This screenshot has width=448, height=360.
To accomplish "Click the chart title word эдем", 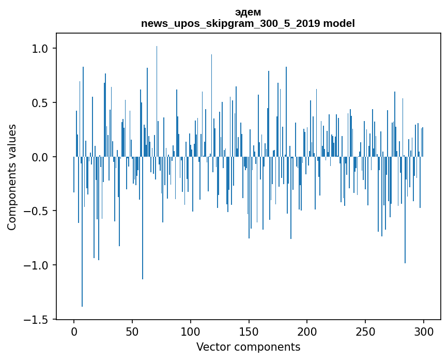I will tap(248, 12).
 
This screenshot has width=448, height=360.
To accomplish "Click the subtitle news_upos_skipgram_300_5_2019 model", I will tap(248, 24).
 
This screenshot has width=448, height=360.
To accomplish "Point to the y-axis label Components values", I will tap(11, 177).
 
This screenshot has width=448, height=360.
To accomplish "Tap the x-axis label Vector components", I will tap(248, 347).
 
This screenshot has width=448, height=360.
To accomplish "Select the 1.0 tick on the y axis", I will tap(40, 49).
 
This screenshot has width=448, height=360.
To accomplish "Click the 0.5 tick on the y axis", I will tap(40, 103).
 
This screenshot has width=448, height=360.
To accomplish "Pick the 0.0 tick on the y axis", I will tap(40, 157).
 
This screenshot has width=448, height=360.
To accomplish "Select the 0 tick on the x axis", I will tap(74, 331).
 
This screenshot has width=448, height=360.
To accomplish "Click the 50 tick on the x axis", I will tap(132, 331).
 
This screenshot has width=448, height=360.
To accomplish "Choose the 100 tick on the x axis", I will tap(191, 331).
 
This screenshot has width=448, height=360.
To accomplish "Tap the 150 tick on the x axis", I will tap(249, 331).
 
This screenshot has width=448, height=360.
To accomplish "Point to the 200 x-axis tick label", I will tap(307, 331).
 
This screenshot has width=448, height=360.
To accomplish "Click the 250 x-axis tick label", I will tap(365, 331).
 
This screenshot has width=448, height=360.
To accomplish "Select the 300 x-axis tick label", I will tap(424, 331).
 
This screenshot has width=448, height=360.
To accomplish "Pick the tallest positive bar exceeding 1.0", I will tap(157, 103).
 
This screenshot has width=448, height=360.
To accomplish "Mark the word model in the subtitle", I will tap(339, 24).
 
